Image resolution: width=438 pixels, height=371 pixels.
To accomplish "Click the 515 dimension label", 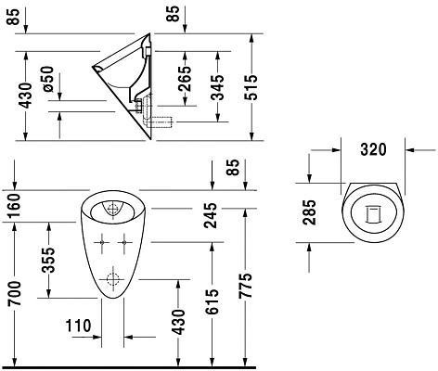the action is [251, 87].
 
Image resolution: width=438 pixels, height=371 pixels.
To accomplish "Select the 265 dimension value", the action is [185, 79].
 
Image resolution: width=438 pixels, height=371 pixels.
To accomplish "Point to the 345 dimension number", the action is [217, 87].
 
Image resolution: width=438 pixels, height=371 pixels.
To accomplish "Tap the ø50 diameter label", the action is [48, 79].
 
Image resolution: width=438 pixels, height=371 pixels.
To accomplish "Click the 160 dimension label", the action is [14, 206].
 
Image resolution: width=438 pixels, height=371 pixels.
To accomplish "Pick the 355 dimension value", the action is [48, 261].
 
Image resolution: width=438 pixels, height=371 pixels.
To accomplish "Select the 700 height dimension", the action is [15, 293].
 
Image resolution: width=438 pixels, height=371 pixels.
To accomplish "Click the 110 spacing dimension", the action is [78, 326].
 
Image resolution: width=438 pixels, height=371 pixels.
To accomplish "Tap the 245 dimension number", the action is [212, 215].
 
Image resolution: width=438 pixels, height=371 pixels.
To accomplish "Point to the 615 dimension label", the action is [213, 301].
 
